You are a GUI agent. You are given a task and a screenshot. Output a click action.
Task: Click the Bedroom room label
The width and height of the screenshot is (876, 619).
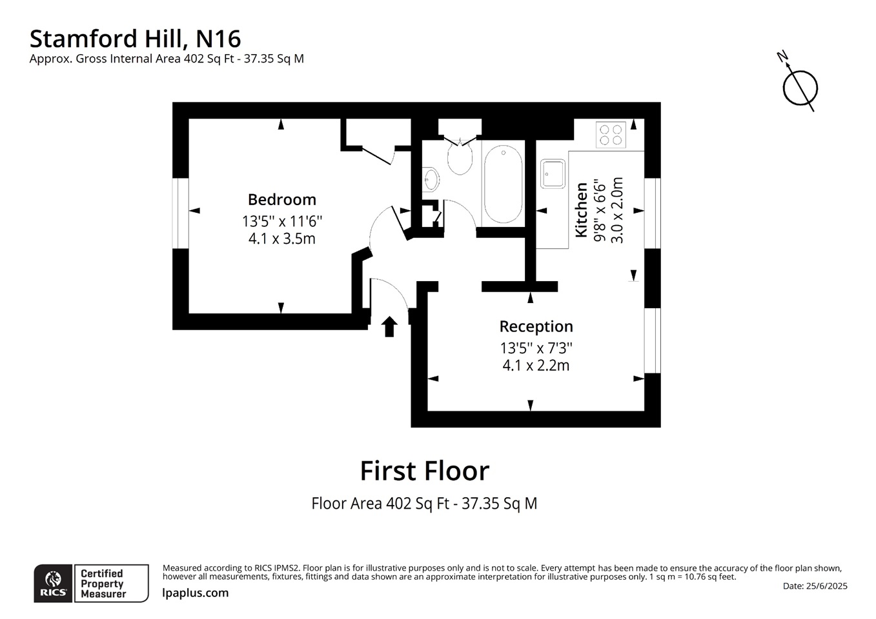281,200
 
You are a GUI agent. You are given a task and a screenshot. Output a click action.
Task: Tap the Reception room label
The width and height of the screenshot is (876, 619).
536,326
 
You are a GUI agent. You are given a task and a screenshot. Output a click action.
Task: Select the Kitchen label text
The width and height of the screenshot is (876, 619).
582,210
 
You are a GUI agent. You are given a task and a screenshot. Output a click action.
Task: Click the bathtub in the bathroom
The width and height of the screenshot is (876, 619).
503,184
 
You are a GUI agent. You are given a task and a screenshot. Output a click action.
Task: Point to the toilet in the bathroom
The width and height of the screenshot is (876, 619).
460,159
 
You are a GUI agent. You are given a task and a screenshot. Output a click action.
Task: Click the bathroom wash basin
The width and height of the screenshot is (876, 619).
431,179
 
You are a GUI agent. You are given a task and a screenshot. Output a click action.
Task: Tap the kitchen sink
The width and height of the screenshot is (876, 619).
553,173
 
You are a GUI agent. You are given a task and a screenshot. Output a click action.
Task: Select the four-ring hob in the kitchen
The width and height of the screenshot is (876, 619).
611,134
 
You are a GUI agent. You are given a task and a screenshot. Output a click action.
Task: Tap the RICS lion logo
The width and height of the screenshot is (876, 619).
53,584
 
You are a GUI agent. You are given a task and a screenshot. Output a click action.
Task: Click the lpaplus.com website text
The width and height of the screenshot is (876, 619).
195,593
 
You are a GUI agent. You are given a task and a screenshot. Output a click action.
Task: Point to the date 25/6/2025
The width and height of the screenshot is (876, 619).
815,586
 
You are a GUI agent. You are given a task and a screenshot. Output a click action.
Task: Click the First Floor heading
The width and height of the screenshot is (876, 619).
424,471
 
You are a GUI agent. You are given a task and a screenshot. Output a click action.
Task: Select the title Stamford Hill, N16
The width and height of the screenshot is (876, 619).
135,39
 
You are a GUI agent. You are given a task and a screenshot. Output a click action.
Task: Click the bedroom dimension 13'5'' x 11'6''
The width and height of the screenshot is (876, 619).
281,221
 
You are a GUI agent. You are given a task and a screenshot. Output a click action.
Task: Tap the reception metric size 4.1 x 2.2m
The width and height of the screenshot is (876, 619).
536,366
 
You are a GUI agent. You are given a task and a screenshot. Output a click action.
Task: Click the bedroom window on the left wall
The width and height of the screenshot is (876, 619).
180,213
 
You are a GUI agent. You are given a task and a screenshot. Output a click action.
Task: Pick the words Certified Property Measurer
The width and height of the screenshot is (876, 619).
103,584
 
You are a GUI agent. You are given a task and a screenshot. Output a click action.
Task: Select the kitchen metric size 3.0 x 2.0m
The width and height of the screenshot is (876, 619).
617,210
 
